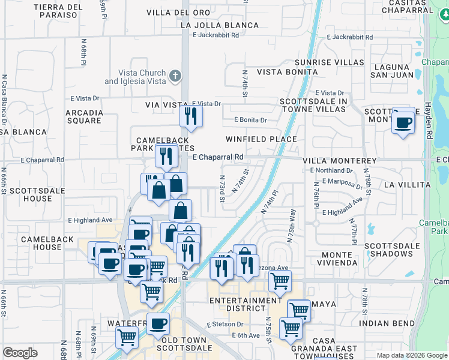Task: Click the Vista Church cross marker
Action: (175, 76)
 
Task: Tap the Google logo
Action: (20, 353)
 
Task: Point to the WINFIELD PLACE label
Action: (261, 139)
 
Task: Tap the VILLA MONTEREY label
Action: (340, 161)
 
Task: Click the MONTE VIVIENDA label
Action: (337, 259)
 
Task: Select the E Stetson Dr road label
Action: (224, 325)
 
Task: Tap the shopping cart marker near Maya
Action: (298, 309)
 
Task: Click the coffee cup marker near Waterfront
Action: (158, 323)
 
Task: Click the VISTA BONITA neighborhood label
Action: (287, 72)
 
